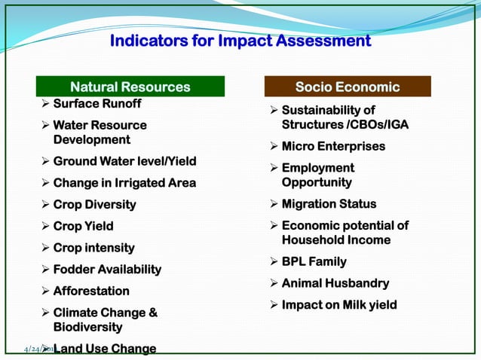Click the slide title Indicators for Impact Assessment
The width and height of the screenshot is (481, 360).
point(240,41)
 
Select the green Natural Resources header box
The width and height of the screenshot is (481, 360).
point(130,87)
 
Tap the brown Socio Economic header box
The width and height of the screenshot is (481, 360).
point(347,87)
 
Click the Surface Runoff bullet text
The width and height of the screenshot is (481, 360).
point(97,104)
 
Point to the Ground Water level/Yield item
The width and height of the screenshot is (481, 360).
point(124,161)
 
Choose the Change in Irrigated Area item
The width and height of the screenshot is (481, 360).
point(124,183)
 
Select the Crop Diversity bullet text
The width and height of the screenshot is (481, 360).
point(94,205)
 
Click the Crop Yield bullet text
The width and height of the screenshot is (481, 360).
point(83,226)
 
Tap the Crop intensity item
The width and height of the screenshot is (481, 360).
point(93,248)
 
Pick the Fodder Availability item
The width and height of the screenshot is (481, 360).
point(107,270)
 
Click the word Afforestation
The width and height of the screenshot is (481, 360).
point(91,291)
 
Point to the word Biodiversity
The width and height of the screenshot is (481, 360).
point(87,328)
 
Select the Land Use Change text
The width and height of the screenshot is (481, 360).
point(105,349)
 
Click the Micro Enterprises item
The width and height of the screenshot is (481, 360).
point(333,146)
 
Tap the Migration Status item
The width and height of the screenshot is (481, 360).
point(329,204)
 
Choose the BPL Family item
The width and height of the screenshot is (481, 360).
point(314,262)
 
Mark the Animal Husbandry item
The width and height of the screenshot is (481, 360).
point(335,284)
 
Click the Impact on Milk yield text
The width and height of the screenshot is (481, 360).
point(339,305)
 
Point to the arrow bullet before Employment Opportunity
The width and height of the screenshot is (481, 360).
point(274,168)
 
